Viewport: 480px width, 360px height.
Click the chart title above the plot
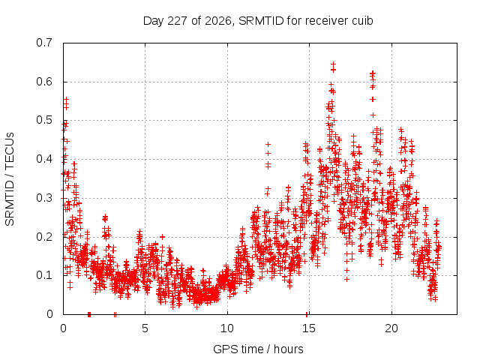click(258, 21)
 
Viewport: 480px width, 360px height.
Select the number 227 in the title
click(178, 21)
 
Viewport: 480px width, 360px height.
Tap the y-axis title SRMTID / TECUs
click(10, 179)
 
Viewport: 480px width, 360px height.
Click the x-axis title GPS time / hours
click(258, 349)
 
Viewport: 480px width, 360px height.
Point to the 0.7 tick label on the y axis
click(44, 43)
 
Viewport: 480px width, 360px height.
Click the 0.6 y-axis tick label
click(44, 82)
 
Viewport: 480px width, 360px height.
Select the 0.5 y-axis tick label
click(44, 120)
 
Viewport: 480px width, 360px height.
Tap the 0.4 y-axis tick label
click(44, 159)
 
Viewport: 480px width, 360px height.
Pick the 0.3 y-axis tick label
click(44, 198)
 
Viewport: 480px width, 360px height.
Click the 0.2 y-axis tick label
click(44, 237)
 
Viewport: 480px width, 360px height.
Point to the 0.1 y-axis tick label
click(44, 275)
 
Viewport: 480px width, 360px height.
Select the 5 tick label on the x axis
click(145, 328)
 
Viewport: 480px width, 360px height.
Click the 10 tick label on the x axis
click(227, 328)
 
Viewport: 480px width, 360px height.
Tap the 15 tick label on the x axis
click(309, 328)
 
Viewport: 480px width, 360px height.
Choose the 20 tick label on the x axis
click(391, 328)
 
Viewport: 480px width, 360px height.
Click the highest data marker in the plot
click(333, 64)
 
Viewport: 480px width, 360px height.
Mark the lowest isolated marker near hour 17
click(346, 279)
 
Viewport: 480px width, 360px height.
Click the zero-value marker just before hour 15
click(307, 314)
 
